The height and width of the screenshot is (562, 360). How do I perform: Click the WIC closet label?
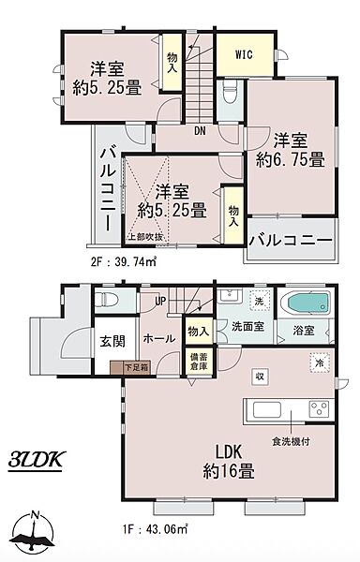click(x=244, y=54)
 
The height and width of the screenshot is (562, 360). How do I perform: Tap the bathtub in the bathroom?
click(x=305, y=303)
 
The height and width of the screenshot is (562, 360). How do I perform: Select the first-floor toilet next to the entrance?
click(x=107, y=299)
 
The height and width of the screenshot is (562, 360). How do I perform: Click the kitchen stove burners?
click(x=320, y=409)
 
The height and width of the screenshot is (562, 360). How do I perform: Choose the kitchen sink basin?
click(x=267, y=410)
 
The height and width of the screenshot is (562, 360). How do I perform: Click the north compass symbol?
click(x=33, y=531)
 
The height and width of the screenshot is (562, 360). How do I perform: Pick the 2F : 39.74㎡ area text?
click(x=123, y=262)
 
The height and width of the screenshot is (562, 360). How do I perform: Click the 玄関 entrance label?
click(x=112, y=341)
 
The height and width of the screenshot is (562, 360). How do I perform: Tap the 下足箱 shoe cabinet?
click(x=130, y=368)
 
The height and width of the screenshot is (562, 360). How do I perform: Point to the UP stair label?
click(x=160, y=302)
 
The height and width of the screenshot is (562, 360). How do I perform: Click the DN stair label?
click(x=200, y=131)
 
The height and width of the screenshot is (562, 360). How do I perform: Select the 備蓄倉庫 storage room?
click(x=199, y=362)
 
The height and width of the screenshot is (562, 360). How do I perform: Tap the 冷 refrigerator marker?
click(x=319, y=362)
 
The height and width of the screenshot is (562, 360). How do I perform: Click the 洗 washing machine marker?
click(x=259, y=301)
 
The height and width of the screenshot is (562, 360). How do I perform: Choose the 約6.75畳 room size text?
click(x=290, y=159)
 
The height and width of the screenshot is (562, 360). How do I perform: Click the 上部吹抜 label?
click(x=145, y=237)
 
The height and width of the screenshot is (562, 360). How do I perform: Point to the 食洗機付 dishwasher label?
click(x=291, y=442)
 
